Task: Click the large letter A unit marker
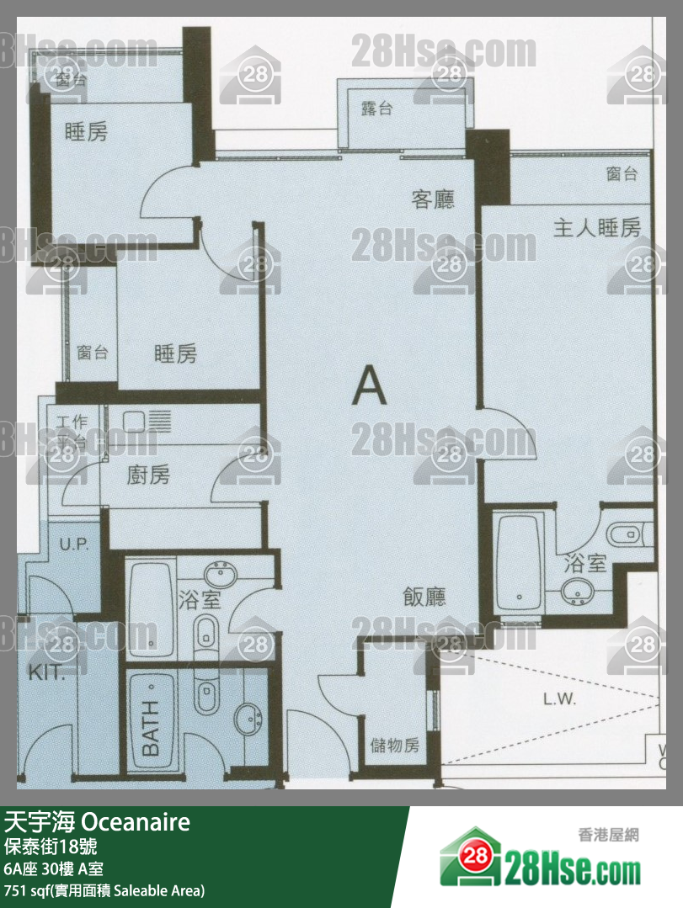369,386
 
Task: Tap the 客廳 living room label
432,199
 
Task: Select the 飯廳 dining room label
424,597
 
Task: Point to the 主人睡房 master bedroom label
596,227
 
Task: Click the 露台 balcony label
376,109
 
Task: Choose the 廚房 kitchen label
148,475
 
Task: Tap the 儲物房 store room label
394,745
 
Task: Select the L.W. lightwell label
558,698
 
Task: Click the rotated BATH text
150,727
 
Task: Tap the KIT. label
44,672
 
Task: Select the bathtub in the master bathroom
518,565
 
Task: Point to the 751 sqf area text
104,889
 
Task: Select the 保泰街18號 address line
50,846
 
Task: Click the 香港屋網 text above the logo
608,835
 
